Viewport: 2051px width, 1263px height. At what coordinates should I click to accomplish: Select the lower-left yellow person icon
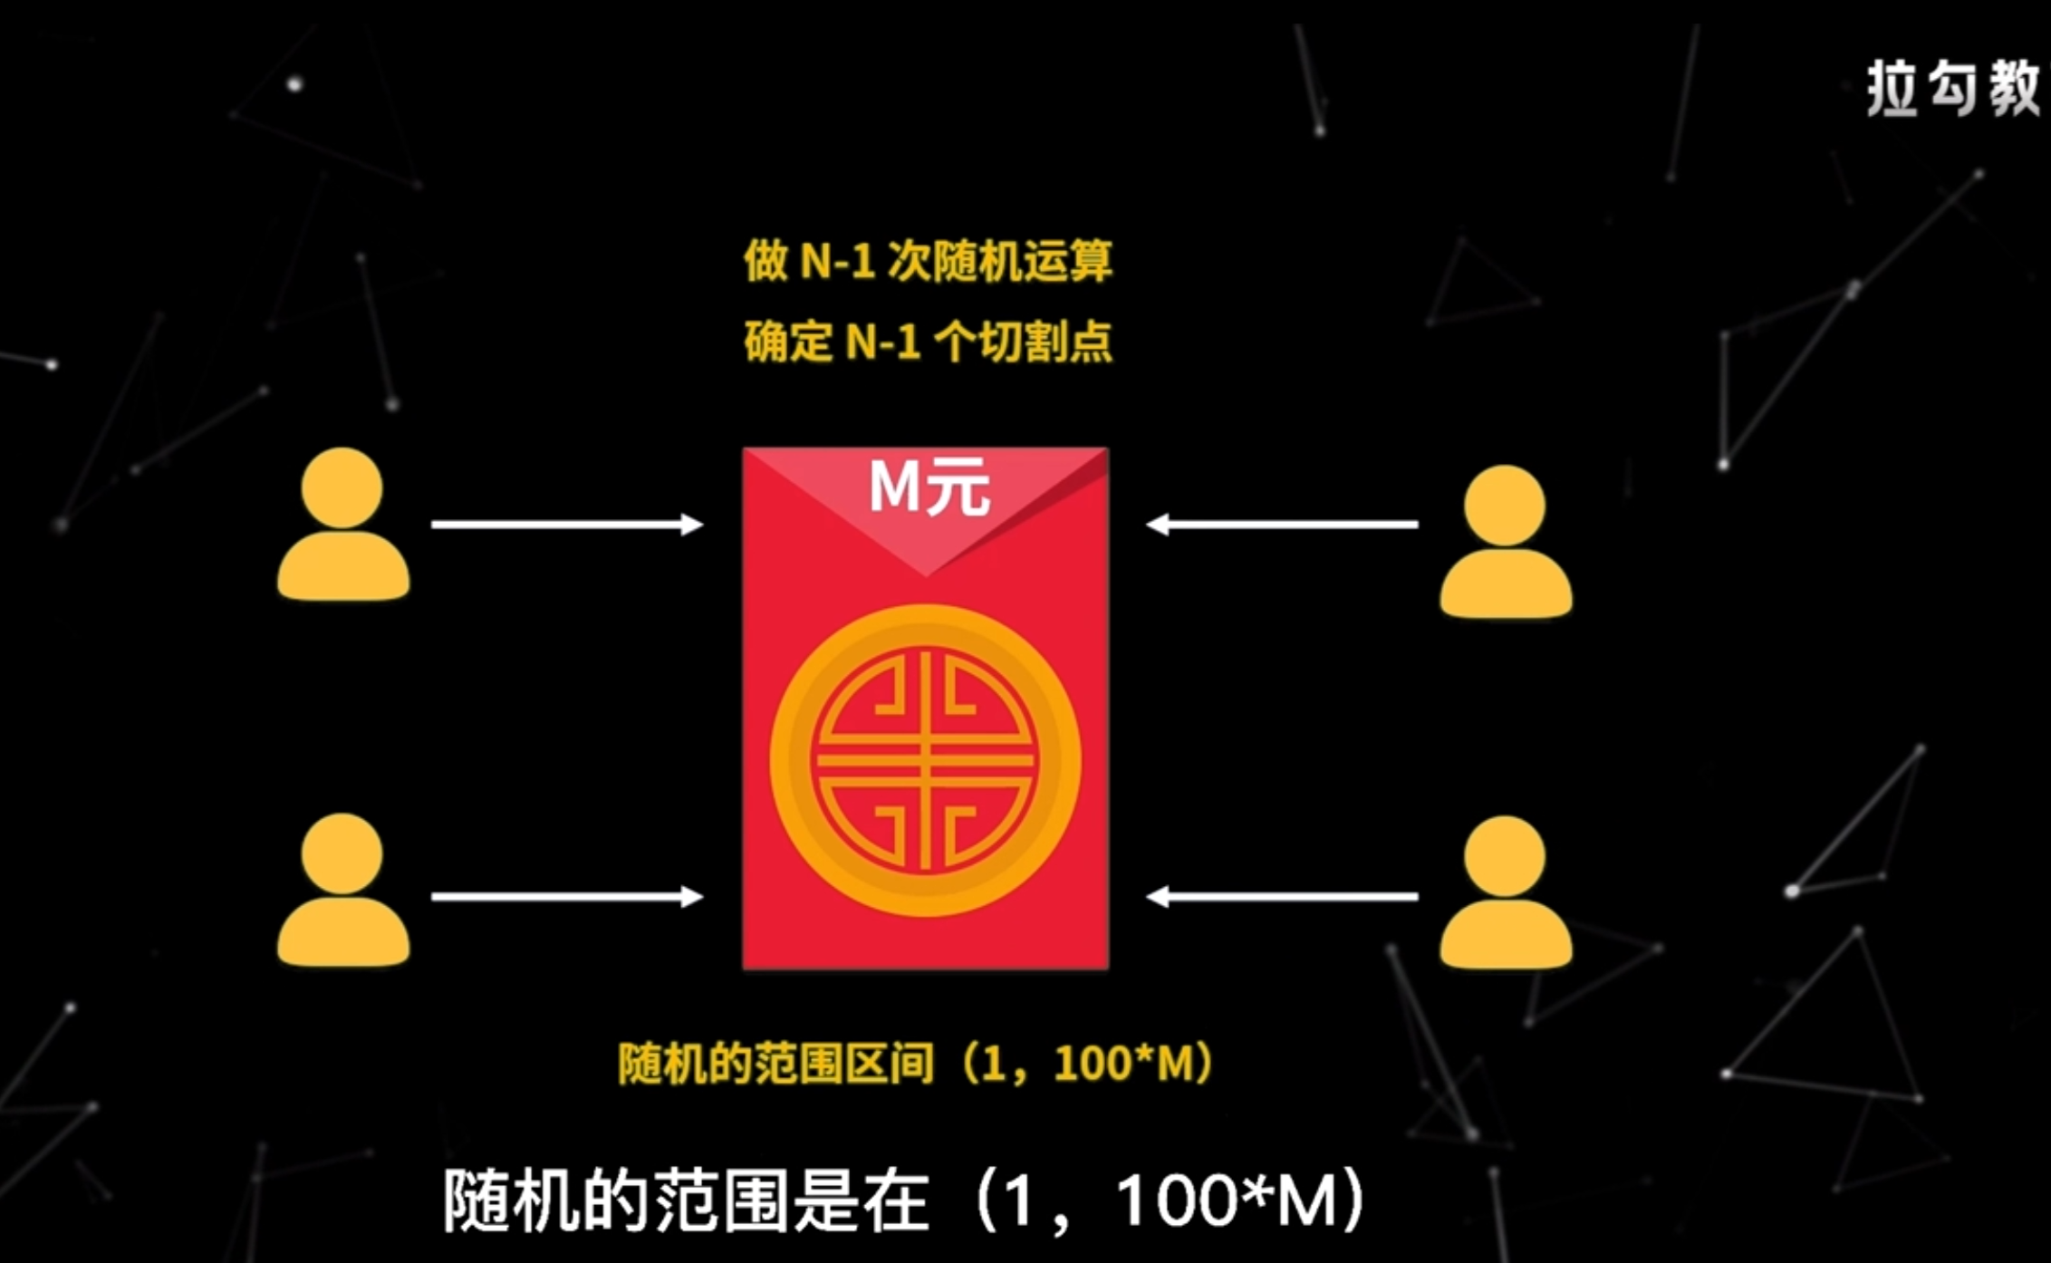pos(342,890)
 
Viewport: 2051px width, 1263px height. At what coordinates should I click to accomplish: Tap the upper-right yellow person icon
pos(1506,542)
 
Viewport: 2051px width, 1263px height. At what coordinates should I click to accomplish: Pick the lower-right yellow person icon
pos(1506,892)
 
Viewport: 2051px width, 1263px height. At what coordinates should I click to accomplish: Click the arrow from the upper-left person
pos(566,525)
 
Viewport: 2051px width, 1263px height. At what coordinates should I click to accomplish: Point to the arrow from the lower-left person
pos(566,897)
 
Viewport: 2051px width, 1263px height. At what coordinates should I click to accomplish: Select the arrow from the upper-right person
pos(1282,525)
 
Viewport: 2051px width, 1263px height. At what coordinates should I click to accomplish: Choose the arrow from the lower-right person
pos(1282,897)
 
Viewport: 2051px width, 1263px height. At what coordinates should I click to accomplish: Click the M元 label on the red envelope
pos(929,489)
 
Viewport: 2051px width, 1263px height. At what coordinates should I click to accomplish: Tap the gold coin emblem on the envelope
pos(925,760)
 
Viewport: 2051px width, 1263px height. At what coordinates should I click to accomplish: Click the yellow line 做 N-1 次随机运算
pos(928,262)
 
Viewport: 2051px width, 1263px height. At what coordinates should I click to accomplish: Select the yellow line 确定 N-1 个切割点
pos(928,342)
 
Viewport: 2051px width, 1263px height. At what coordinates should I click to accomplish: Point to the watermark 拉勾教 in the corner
pos(1951,89)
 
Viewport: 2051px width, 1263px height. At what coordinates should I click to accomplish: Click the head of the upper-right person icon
pos(1505,505)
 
